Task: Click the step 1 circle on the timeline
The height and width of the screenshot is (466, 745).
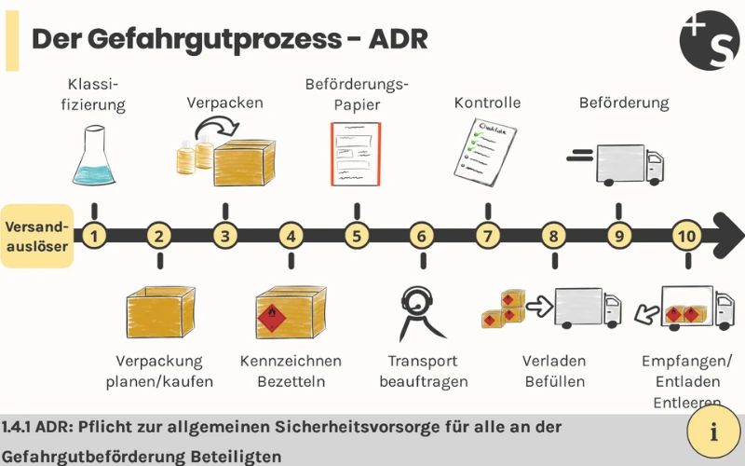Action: [93, 236]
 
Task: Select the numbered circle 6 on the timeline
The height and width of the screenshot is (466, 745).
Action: [421, 236]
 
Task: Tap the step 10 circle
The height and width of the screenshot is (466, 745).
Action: [687, 236]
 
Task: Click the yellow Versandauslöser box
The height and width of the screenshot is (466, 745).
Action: [37, 236]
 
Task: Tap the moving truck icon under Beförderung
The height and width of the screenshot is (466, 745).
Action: [619, 163]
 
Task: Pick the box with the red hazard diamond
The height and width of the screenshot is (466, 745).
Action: [290, 312]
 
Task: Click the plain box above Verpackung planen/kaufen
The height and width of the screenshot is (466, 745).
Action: [160, 312]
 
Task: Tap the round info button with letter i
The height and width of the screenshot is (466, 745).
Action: [714, 432]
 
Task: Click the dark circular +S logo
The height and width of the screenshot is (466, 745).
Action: [710, 40]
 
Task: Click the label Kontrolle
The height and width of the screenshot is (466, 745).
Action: [487, 103]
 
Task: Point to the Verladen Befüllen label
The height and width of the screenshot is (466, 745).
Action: [553, 371]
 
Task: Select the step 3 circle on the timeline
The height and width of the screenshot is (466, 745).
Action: [225, 236]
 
